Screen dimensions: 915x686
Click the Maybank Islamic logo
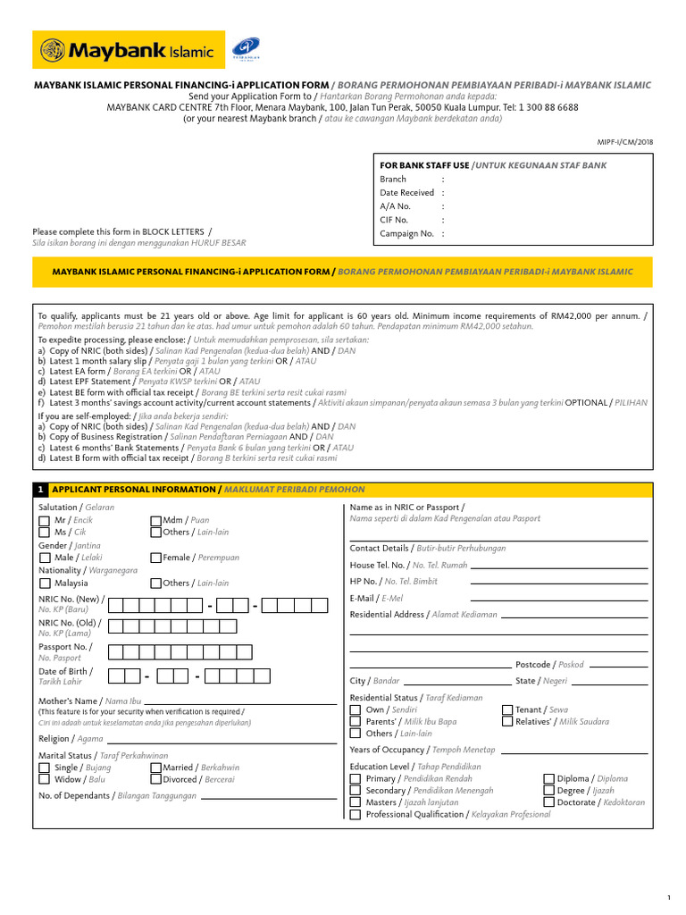[x=124, y=51]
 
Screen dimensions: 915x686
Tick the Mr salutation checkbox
[x=45, y=519]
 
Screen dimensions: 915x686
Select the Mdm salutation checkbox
[x=155, y=519]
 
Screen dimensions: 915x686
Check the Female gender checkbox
[x=155, y=558]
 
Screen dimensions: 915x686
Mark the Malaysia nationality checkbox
[x=45, y=583]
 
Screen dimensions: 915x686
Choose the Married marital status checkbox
[x=155, y=768]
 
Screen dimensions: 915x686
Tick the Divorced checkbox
[x=155, y=780]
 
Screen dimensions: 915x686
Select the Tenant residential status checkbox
[x=507, y=709]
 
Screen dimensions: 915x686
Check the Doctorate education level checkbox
[x=549, y=802]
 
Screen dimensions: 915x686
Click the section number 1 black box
[x=40, y=490]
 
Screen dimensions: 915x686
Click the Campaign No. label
[x=406, y=233]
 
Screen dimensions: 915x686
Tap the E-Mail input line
[x=553, y=600]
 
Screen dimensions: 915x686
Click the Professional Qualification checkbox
[x=356, y=815]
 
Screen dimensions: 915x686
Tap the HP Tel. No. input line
[x=553, y=582]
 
